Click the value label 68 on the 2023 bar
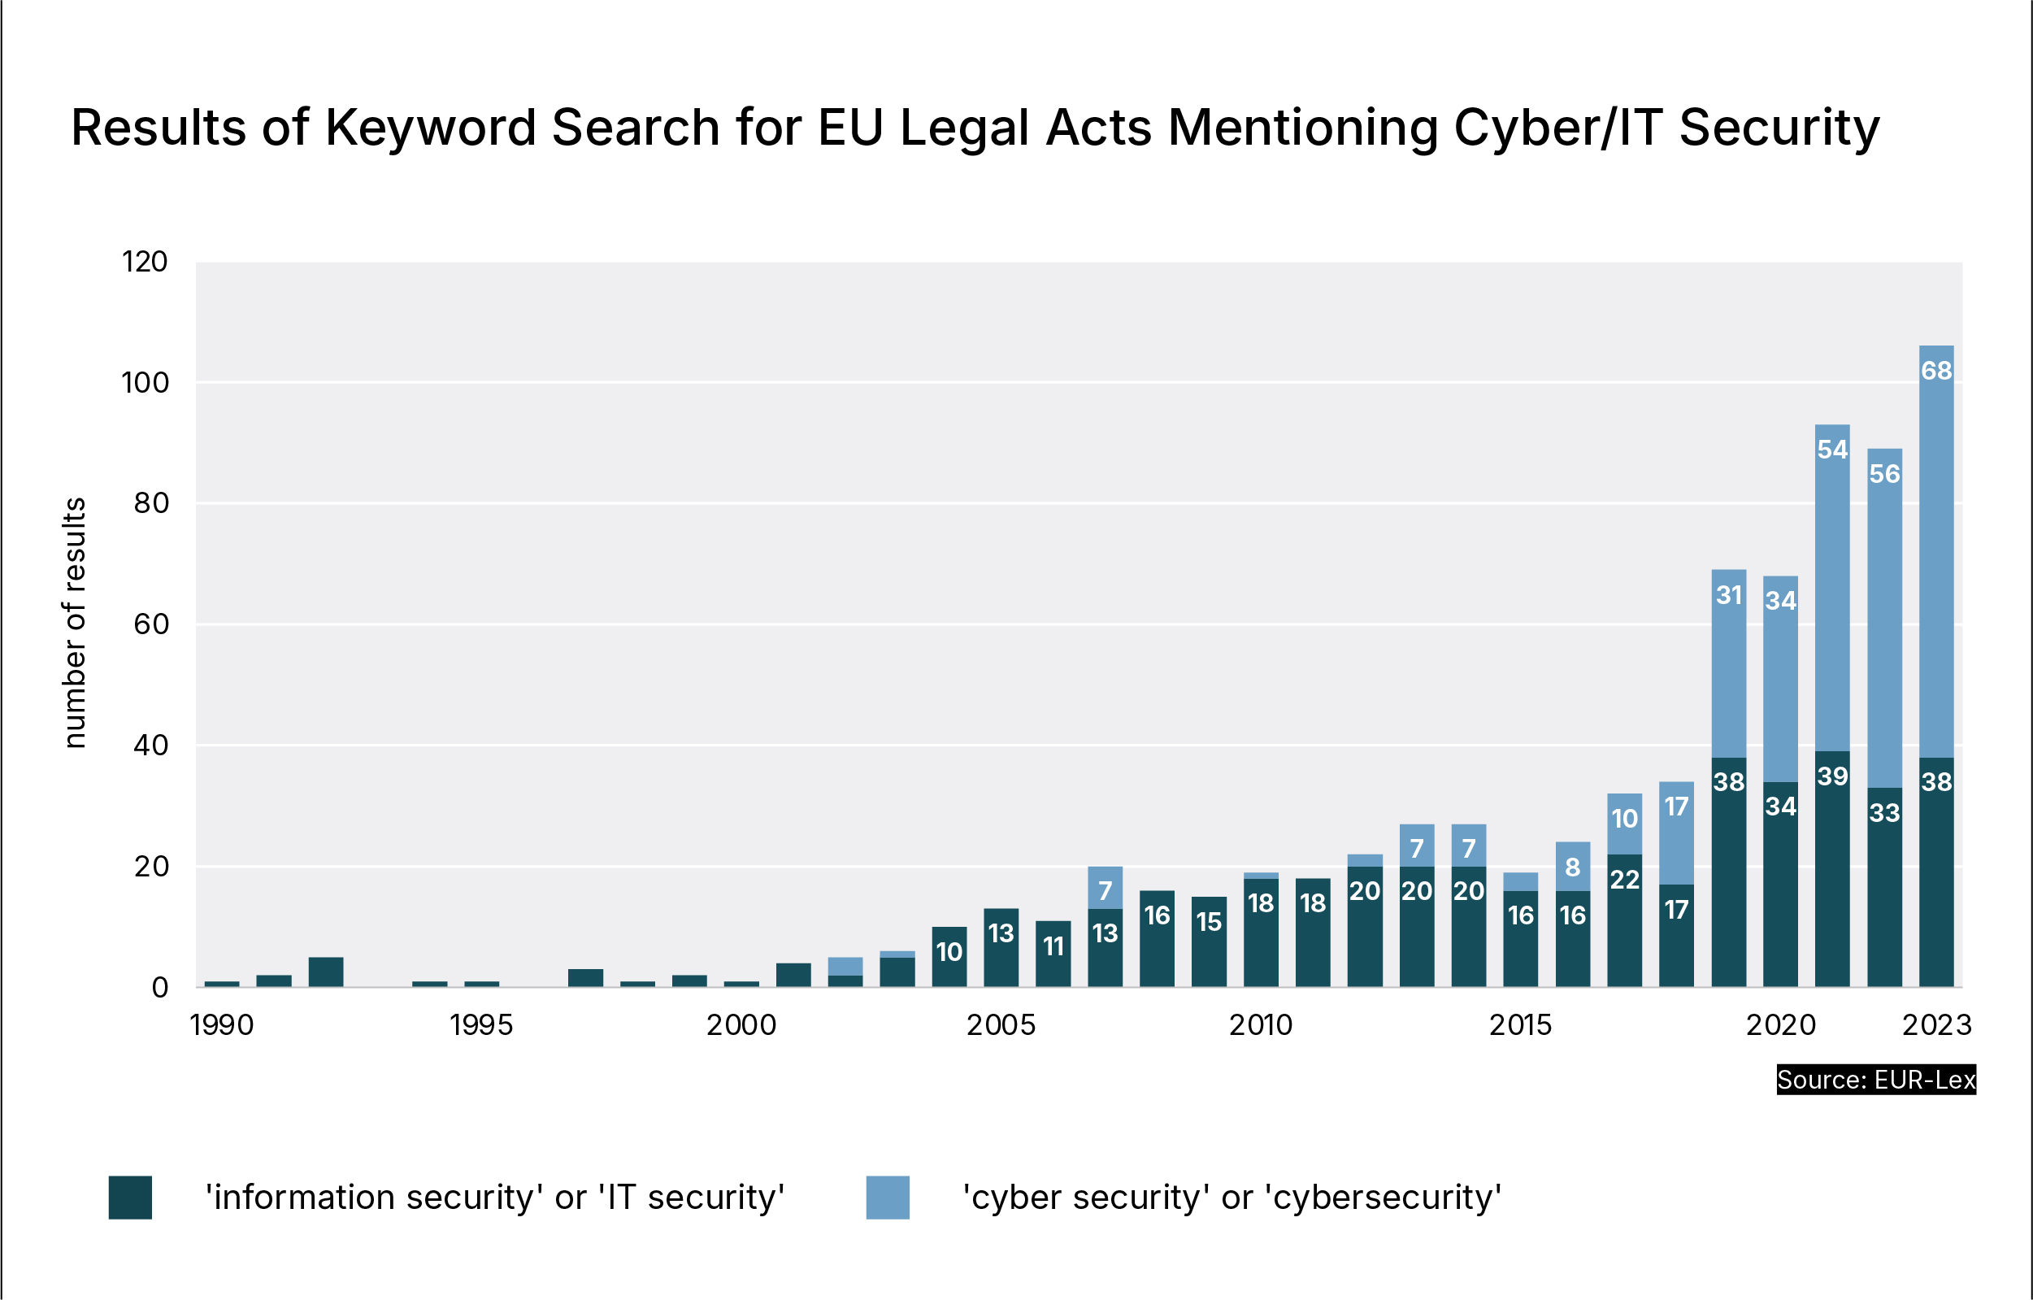pyautogui.click(x=1936, y=370)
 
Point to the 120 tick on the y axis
pyautogui.click(x=145, y=262)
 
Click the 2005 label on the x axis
pyautogui.click(x=1001, y=1025)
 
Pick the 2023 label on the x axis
pyautogui.click(x=1936, y=1025)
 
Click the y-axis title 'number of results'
pyautogui.click(x=74, y=623)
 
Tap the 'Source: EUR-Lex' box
pyautogui.click(x=1876, y=1080)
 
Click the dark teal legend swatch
pyautogui.click(x=130, y=1197)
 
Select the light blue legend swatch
pyautogui.click(x=888, y=1197)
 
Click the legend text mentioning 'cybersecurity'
pyautogui.click(x=1232, y=1197)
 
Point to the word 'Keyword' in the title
pyautogui.click(x=431, y=128)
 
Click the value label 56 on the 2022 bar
pyautogui.click(x=1884, y=473)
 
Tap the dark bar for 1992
pyautogui.click(x=326, y=972)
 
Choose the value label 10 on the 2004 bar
pyautogui.click(x=949, y=952)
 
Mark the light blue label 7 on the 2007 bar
pyautogui.click(x=1106, y=890)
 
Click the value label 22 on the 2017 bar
pyautogui.click(x=1624, y=880)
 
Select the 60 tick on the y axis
pyautogui.click(x=151, y=624)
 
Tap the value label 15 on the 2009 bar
pyautogui.click(x=1209, y=922)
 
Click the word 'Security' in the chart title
pyautogui.click(x=1779, y=128)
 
